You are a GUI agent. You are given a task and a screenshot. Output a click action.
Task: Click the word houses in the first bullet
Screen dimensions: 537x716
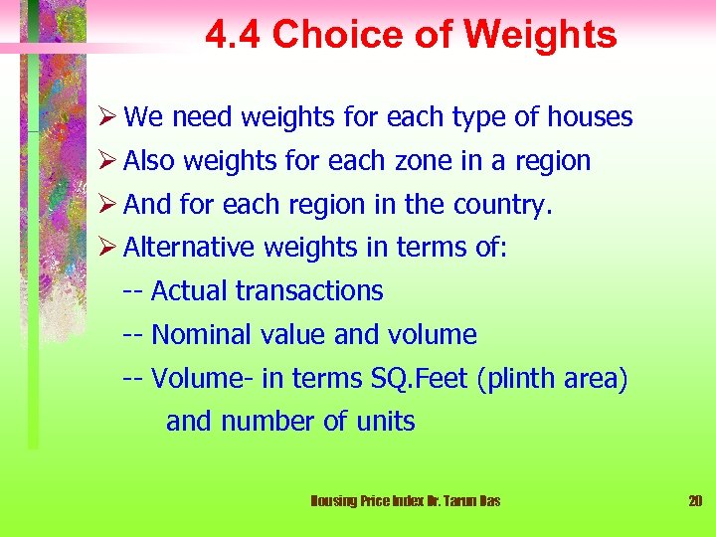[x=587, y=117]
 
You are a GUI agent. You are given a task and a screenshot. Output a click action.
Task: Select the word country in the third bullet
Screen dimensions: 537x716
[x=502, y=204]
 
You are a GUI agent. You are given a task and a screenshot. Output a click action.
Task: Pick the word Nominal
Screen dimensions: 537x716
[x=202, y=334]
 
